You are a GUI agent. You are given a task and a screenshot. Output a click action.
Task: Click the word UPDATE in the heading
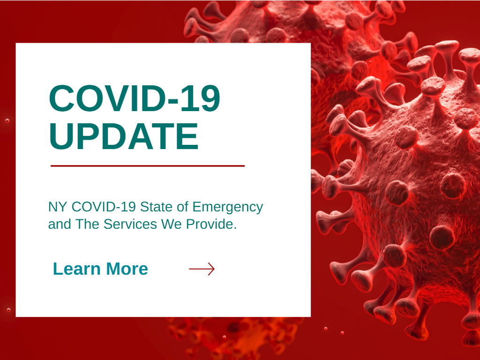[124, 136]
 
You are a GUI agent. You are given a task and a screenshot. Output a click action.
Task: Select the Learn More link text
[100, 269]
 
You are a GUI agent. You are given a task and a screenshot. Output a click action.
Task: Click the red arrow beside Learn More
[202, 269]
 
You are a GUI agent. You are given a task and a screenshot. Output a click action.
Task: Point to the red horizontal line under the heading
[148, 166]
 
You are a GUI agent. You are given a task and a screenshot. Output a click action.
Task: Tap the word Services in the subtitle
[131, 224]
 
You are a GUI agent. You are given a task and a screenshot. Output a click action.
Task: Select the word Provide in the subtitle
[211, 224]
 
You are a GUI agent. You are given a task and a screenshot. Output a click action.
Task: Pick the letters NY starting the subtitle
[58, 207]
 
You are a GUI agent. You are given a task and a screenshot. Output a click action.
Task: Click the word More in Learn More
[127, 269]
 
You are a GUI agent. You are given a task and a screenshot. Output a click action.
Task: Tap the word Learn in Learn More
[77, 269]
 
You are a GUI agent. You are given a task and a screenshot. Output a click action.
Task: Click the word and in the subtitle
[60, 224]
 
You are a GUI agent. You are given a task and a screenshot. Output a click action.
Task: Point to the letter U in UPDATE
[60, 136]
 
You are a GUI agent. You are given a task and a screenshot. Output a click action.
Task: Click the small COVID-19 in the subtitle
[104, 207]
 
